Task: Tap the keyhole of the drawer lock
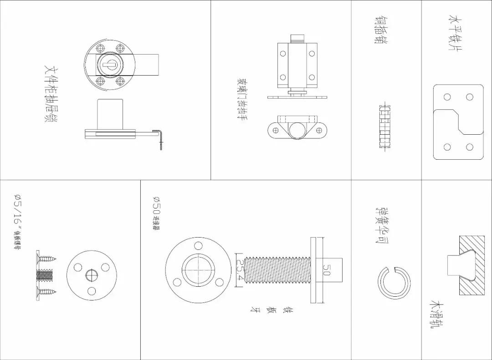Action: click(x=109, y=65)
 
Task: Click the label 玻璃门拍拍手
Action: click(x=242, y=99)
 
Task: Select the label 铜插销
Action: click(x=381, y=30)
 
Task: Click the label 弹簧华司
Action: click(x=382, y=225)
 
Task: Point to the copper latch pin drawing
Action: click(x=385, y=127)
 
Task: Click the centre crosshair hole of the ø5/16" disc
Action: click(x=92, y=275)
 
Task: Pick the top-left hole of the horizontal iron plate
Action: click(x=447, y=97)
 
